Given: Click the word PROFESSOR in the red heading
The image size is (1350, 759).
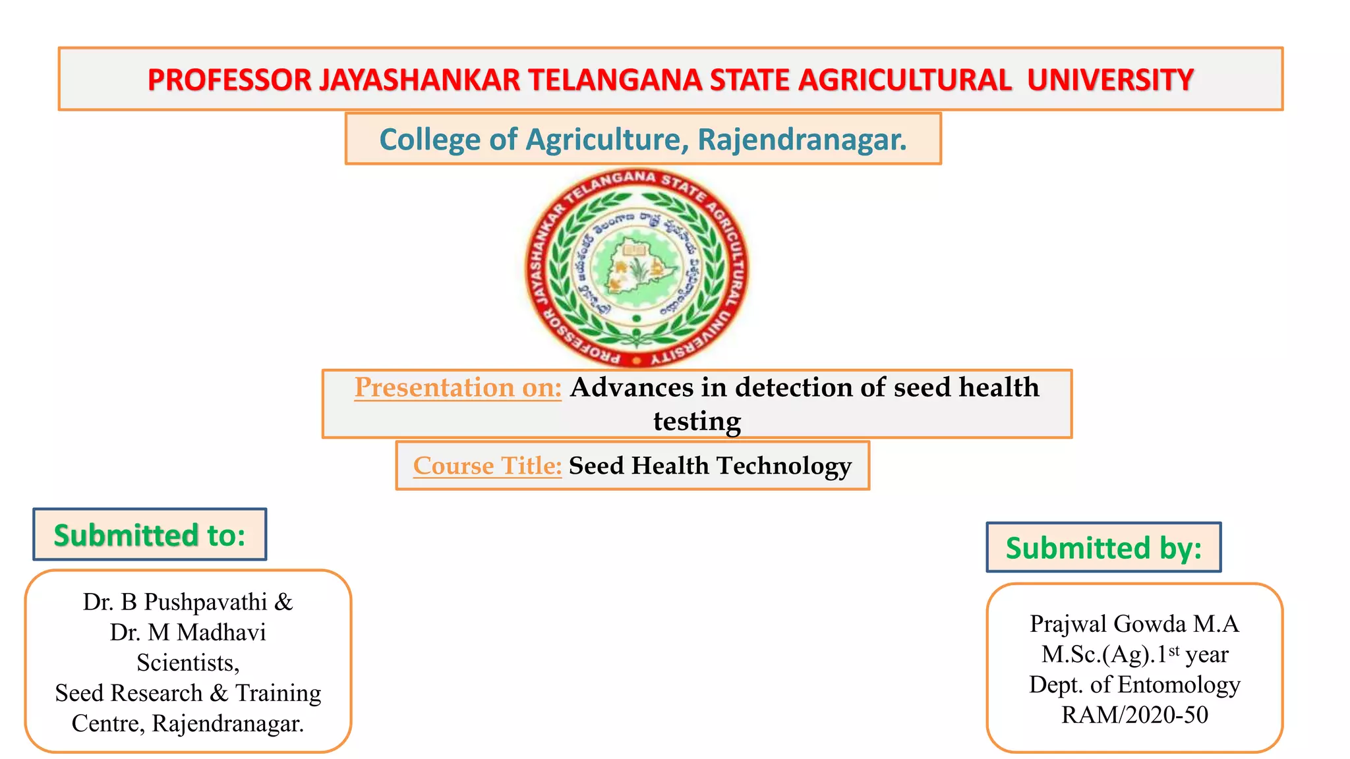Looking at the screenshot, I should tap(229, 80).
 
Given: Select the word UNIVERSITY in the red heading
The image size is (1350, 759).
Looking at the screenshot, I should tap(1110, 80).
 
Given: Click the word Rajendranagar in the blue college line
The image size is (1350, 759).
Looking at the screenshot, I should tap(802, 140).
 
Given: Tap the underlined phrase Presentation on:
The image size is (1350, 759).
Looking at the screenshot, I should tap(457, 387).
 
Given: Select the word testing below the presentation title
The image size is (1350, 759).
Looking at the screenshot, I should tap(697, 422).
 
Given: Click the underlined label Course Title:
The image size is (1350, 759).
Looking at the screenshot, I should tap(487, 466).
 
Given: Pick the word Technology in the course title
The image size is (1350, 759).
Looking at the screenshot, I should tap(784, 466).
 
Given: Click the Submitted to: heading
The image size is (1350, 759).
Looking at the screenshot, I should tap(150, 535).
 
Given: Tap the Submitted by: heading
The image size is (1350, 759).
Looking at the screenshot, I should tap(1103, 548).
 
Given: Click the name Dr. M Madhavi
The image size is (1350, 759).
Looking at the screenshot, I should tap(188, 632).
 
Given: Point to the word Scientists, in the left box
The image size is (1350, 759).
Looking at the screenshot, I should tap(188, 663).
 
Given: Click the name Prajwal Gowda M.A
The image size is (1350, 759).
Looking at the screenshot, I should tap(1134, 624).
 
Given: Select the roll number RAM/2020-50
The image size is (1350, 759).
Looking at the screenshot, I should tap(1134, 715).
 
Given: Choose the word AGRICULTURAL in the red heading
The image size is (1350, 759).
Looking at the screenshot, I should tap(904, 80).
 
